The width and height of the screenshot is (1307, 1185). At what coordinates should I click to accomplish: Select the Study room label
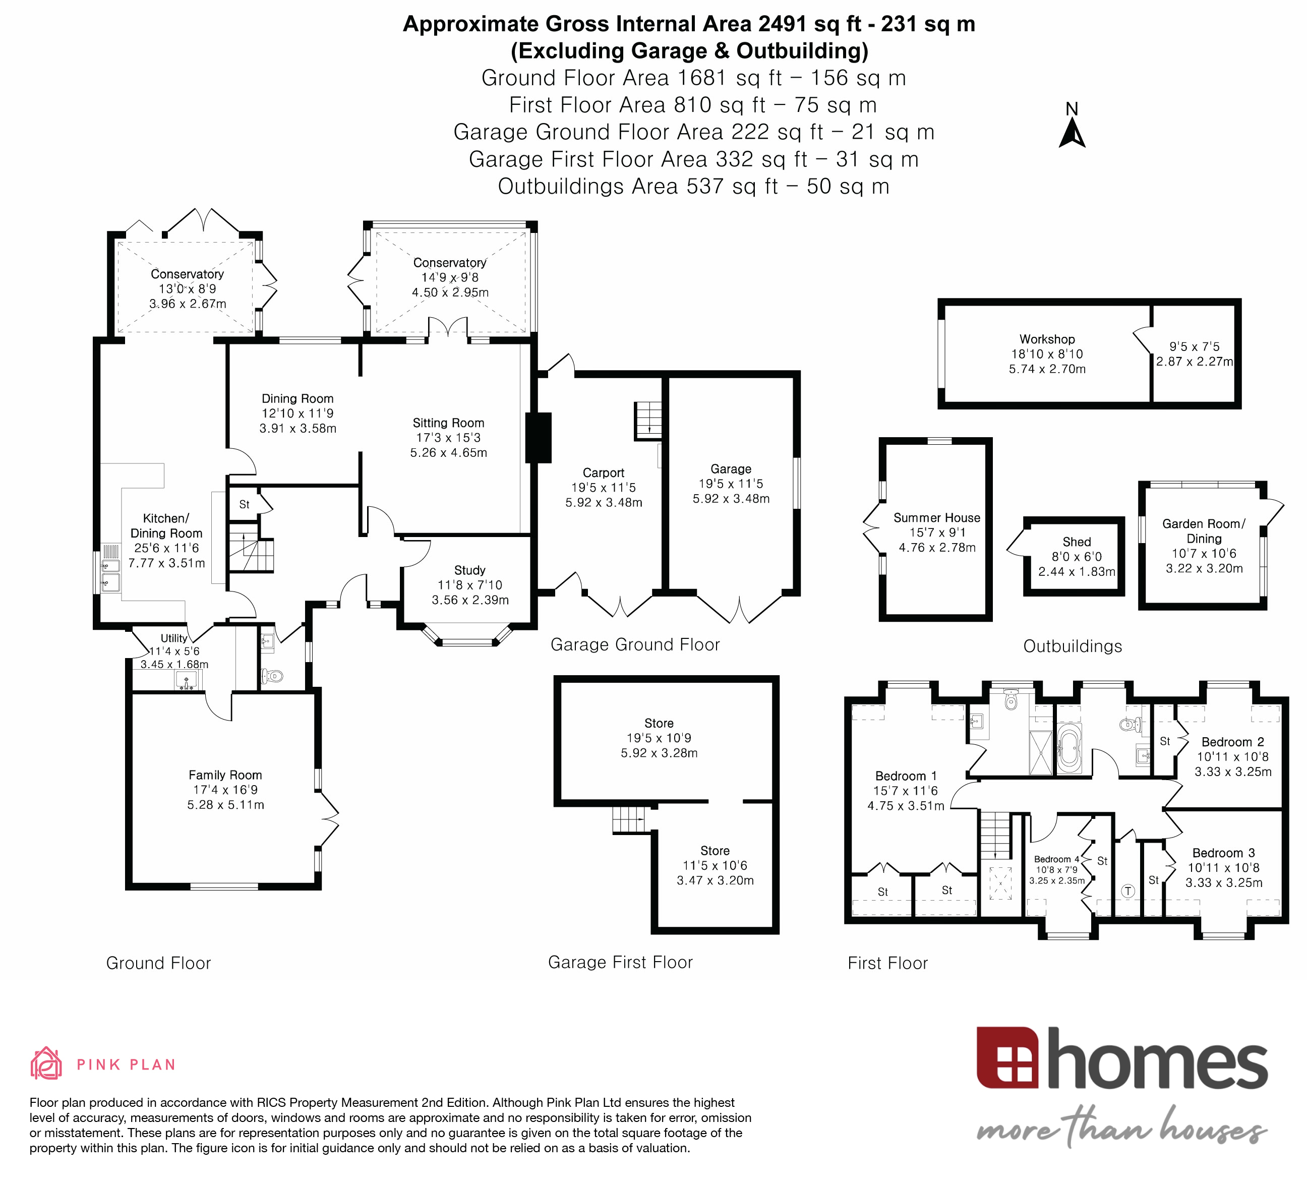[x=469, y=570]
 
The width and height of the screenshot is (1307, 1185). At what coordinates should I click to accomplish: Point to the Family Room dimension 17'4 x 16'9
[x=225, y=790]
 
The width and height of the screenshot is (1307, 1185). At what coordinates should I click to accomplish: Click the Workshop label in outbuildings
[x=1046, y=339]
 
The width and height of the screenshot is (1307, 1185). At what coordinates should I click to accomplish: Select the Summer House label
[x=936, y=517]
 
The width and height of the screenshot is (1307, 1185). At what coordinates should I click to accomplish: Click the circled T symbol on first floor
[x=1128, y=891]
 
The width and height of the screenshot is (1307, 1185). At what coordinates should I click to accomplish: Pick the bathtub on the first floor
[x=1068, y=749]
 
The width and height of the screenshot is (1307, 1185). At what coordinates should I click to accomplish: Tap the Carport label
[x=603, y=472]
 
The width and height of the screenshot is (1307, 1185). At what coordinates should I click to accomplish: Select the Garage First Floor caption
[x=620, y=962]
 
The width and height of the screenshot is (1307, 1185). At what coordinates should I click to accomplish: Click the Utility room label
[x=174, y=638]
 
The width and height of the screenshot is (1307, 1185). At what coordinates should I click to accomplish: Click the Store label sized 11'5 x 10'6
[x=715, y=851]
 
